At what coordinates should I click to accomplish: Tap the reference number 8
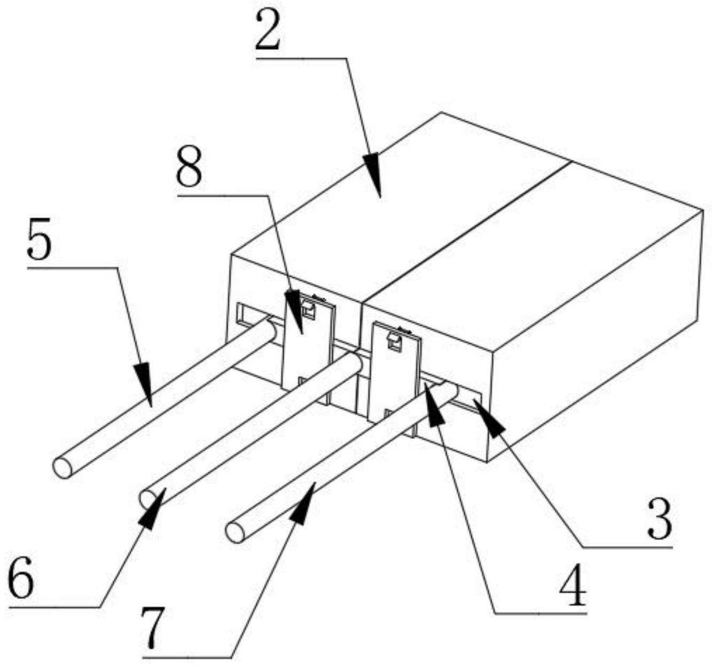(190, 169)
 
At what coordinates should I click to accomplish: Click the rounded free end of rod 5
(62, 468)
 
